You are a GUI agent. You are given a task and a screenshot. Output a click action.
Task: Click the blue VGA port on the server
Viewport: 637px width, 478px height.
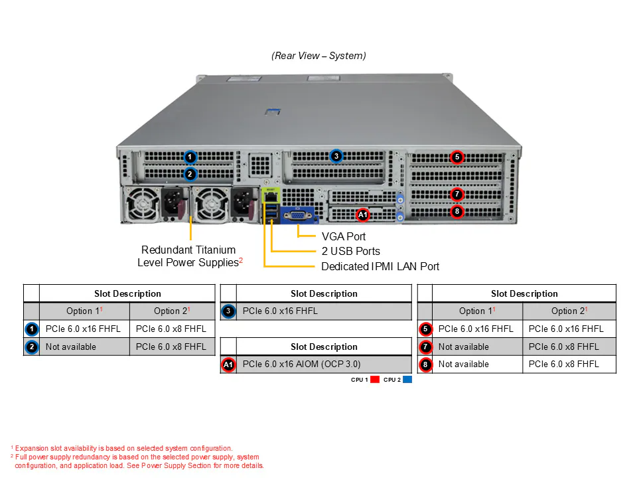coord(297,215)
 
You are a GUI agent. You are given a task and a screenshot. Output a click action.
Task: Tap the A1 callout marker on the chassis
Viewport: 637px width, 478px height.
coord(362,214)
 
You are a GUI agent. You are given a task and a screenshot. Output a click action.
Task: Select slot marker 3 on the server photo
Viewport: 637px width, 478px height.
coord(336,156)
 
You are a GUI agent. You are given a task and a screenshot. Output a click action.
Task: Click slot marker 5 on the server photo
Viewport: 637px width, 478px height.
coord(457,157)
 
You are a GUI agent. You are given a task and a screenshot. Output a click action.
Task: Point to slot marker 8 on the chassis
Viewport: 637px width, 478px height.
coord(457,211)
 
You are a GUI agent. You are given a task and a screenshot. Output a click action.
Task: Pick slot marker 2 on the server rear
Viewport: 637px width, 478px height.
coord(190,175)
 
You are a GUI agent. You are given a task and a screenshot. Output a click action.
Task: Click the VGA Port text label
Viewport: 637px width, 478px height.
coord(344,236)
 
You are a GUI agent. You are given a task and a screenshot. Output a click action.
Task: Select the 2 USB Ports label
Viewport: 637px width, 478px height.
coord(351,251)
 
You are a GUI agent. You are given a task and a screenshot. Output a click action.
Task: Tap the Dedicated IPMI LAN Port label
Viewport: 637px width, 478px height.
coord(380,267)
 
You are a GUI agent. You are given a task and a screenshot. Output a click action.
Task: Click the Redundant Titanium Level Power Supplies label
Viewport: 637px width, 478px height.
coord(190,256)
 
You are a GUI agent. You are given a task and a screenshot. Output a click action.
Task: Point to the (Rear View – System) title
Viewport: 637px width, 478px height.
coord(319,56)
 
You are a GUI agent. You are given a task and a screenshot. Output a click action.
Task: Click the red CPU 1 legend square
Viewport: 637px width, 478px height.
coord(375,380)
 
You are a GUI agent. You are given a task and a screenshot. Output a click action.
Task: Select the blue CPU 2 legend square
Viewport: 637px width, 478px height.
coord(407,380)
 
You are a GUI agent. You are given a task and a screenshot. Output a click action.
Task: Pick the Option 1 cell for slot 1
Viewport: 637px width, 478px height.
coord(84,329)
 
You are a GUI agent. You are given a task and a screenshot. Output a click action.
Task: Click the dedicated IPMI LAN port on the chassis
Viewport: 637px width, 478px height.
coord(271,197)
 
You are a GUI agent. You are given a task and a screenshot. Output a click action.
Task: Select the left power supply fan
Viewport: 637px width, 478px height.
coord(142,204)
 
